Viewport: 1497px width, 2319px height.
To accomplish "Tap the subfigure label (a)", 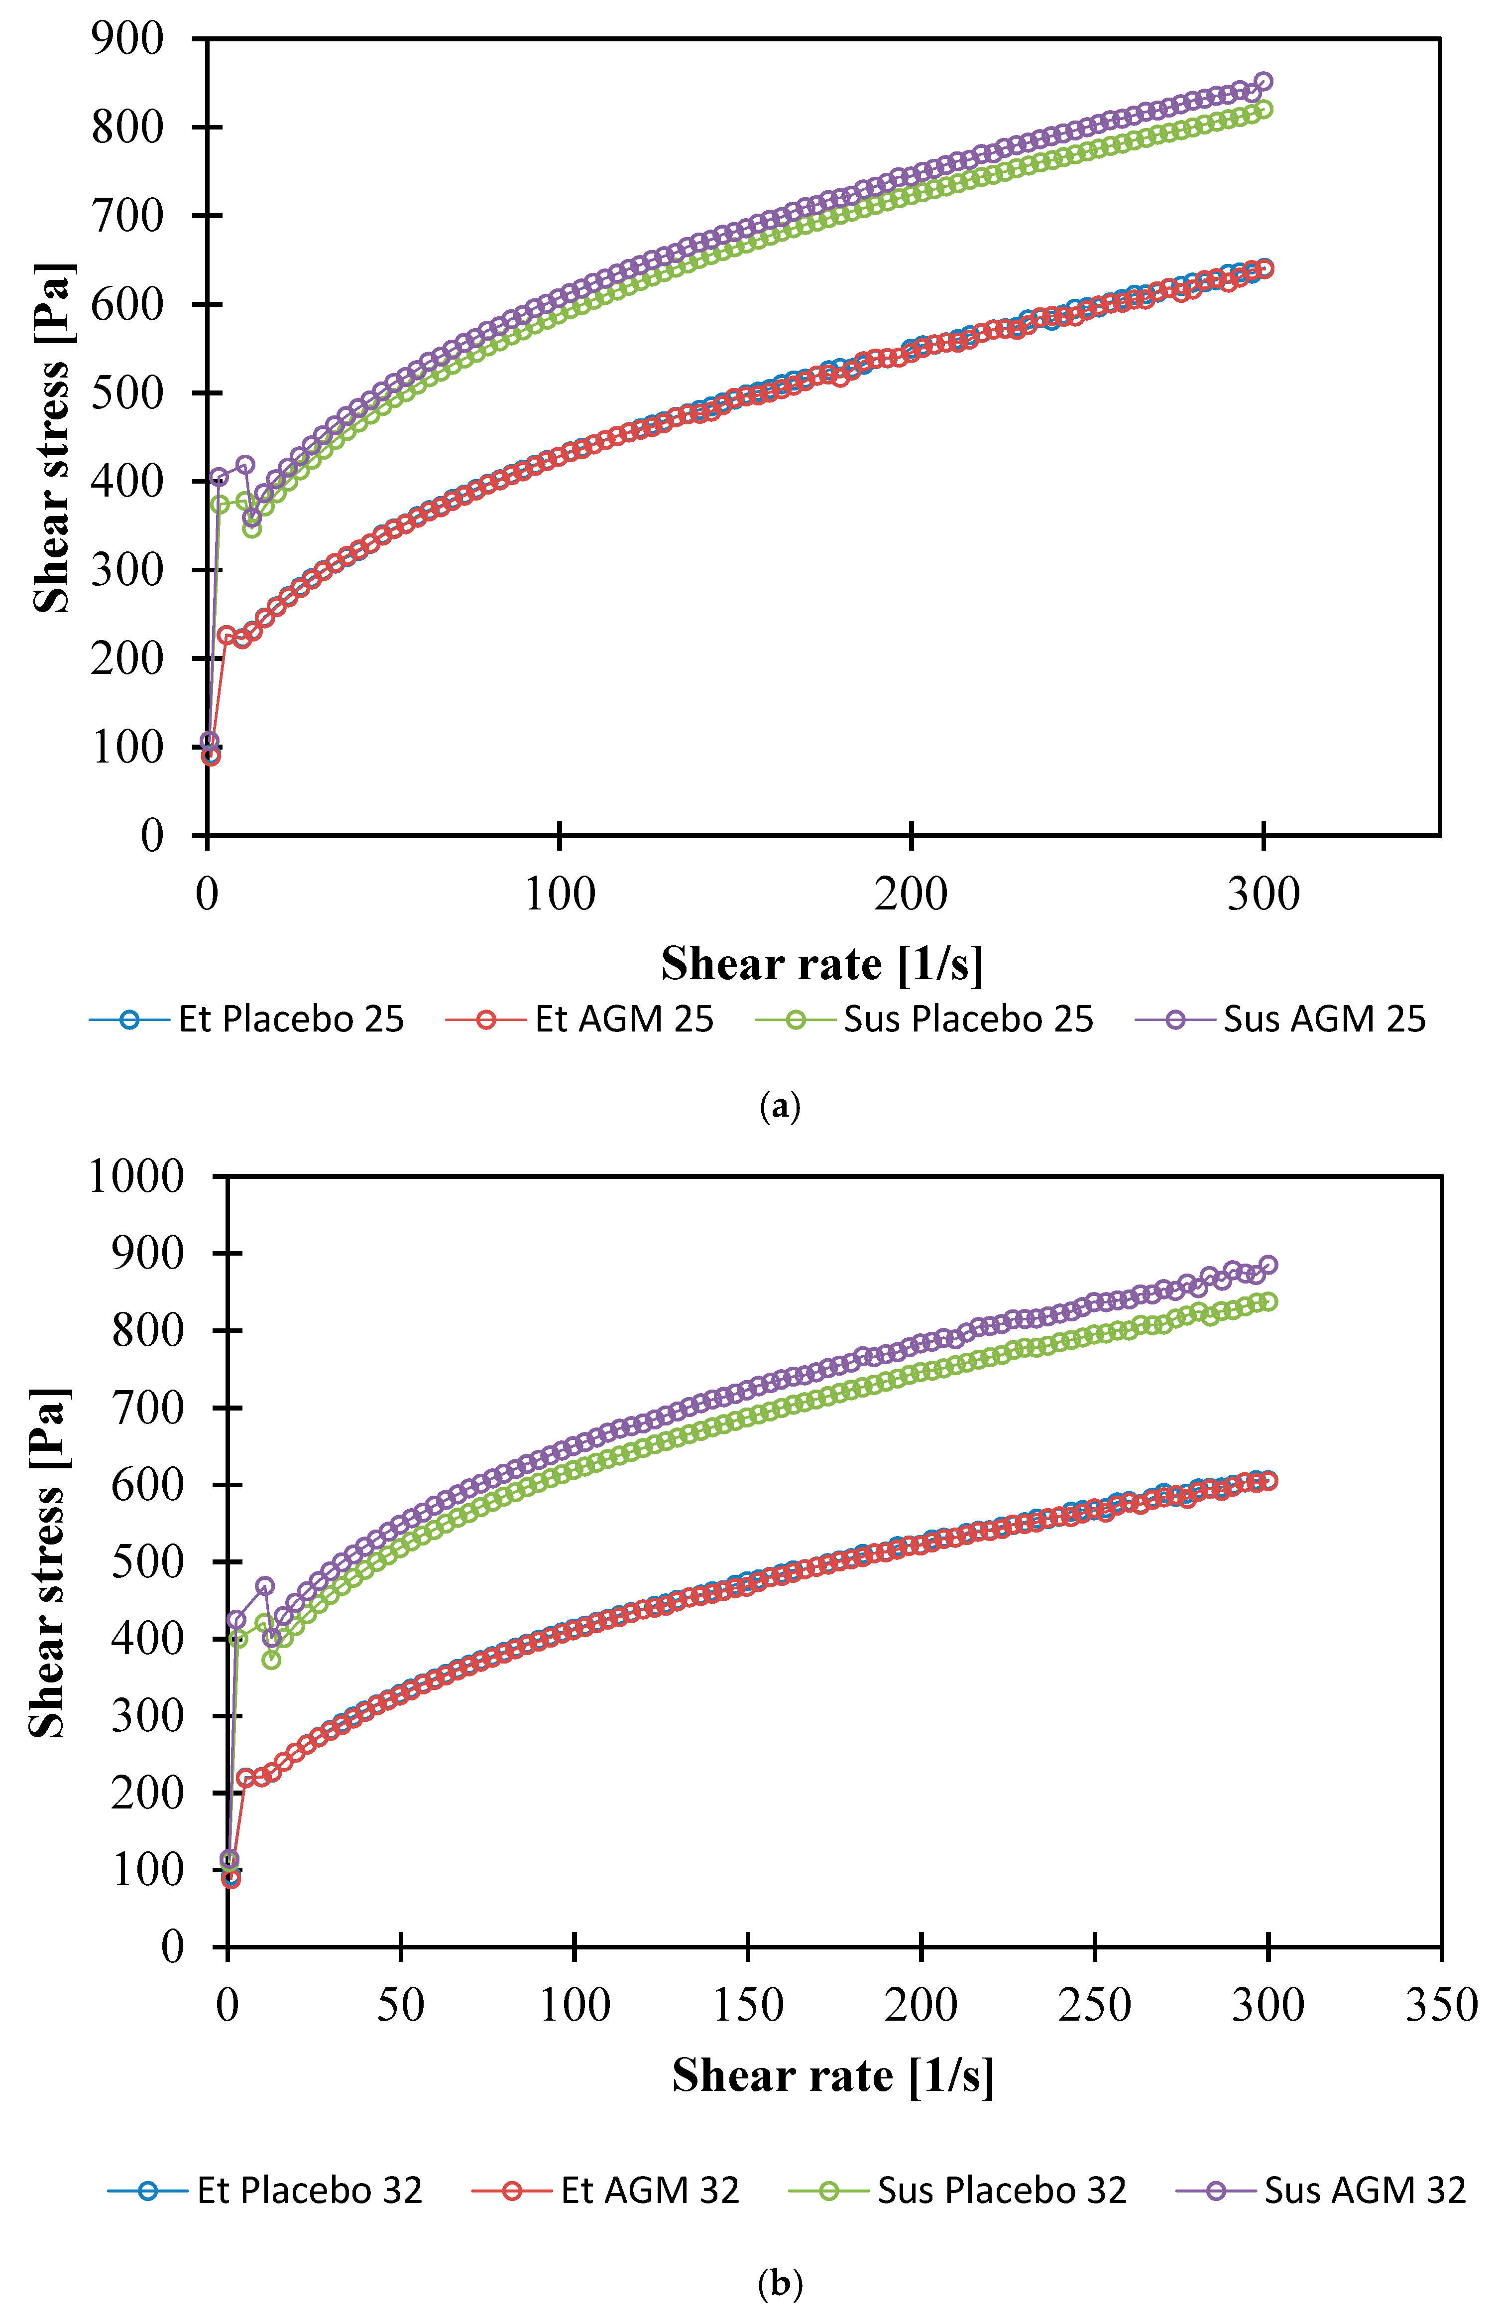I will [780, 1106].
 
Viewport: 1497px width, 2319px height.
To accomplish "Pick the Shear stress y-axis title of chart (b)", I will [49, 1563].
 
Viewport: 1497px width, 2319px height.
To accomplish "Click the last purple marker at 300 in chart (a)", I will [1264, 82].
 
